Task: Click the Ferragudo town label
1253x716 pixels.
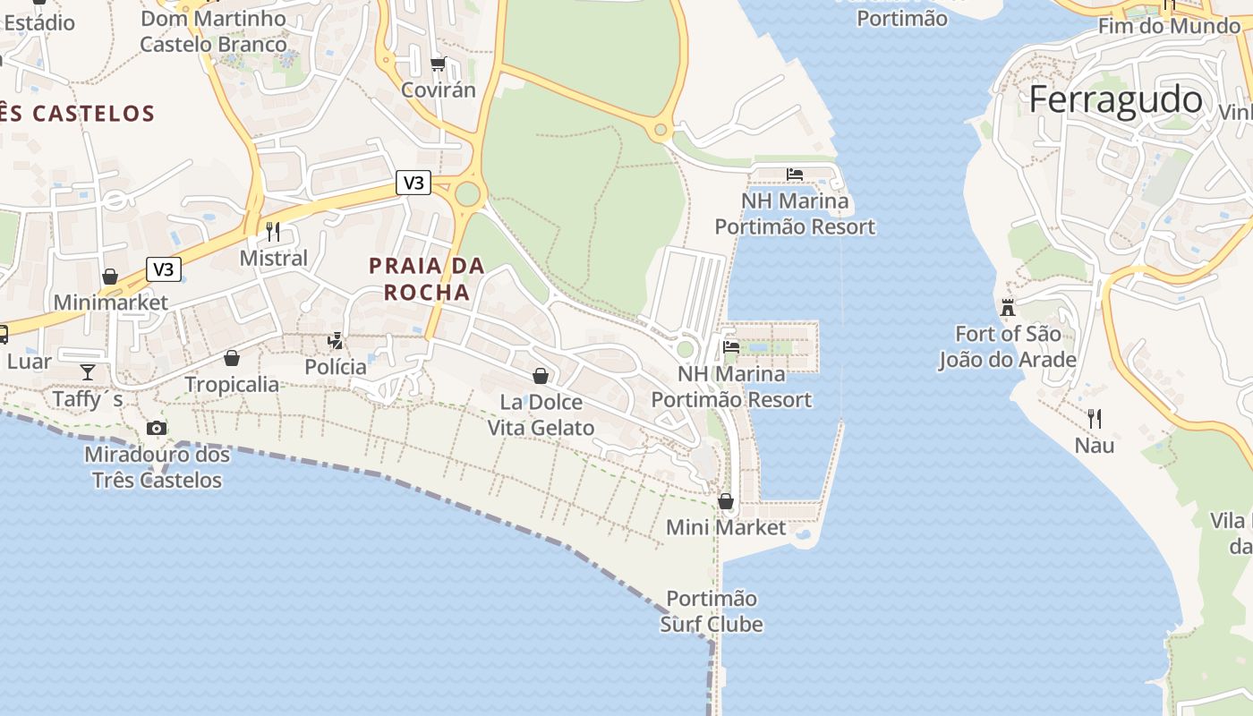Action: [x=1115, y=99]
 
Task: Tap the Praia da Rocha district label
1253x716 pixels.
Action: [x=427, y=278]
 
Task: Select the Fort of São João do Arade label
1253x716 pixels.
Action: [x=1007, y=346]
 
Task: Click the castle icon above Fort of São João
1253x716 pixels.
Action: [x=1008, y=308]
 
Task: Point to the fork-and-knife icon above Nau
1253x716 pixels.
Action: [x=1094, y=417]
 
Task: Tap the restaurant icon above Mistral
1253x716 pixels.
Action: [x=273, y=232]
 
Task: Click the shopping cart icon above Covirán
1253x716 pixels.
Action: [x=438, y=64]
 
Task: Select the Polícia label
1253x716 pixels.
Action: [x=336, y=367]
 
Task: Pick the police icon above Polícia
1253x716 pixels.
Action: [x=336, y=340]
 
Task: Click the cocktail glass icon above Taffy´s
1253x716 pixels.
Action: [x=88, y=371]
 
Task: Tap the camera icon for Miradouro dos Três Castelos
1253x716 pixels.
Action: [x=157, y=428]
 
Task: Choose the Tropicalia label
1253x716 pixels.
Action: [x=232, y=385]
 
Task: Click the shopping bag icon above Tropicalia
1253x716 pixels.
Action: [x=232, y=358]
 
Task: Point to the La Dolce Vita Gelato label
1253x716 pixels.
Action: [x=541, y=414]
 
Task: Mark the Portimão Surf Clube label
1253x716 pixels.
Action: [x=712, y=611]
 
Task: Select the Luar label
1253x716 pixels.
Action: [x=30, y=362]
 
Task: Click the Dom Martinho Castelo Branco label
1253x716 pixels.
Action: [x=214, y=30]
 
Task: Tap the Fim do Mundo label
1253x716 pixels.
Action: [x=1169, y=26]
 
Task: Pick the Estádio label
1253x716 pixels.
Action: [x=39, y=22]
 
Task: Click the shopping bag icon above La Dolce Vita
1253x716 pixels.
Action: [x=541, y=375]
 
